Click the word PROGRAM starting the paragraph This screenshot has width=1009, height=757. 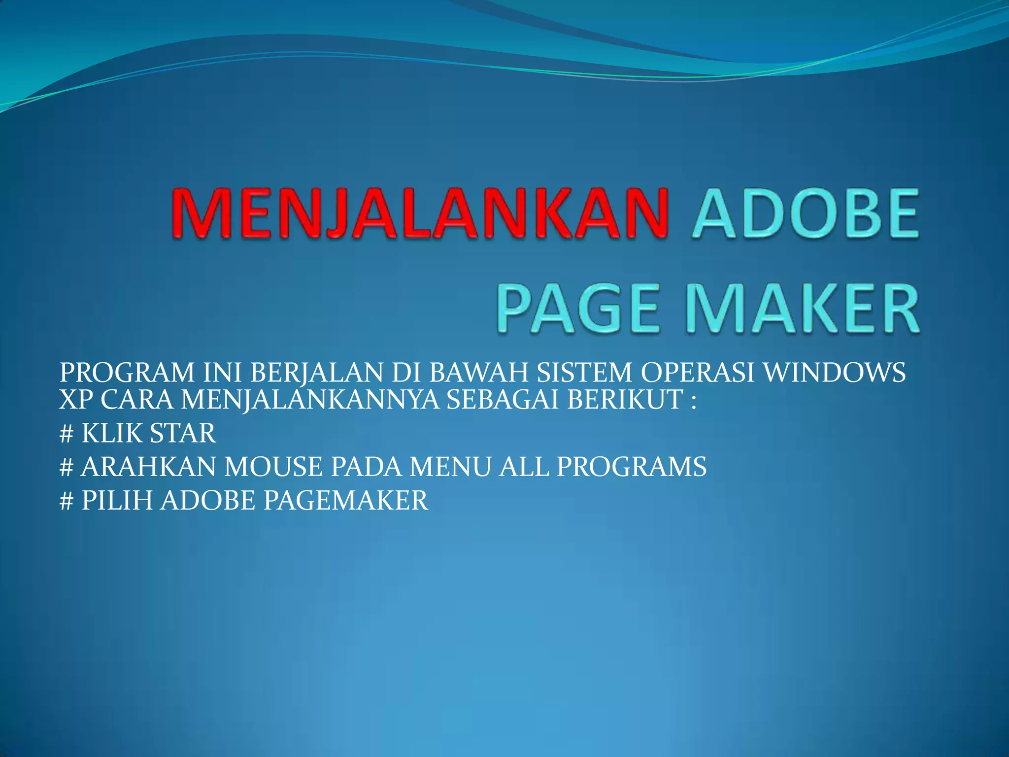click(x=127, y=373)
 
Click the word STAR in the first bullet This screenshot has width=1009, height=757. click(x=182, y=434)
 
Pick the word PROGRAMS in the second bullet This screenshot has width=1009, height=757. click(x=632, y=467)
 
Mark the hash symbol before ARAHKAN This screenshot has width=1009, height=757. click(x=66, y=467)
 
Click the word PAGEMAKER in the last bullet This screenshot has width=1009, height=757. click(x=346, y=500)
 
